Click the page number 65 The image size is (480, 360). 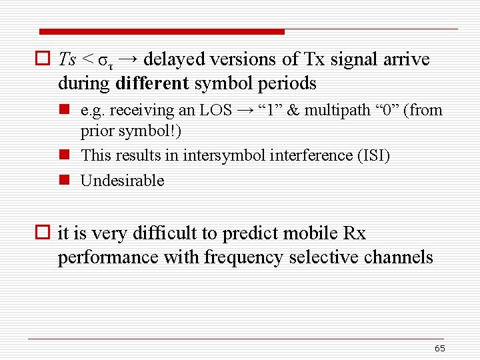click(x=439, y=349)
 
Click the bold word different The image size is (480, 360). click(x=153, y=84)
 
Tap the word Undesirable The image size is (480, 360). click(x=122, y=181)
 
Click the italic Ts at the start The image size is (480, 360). click(x=67, y=59)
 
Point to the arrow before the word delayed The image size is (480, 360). click(x=129, y=59)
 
